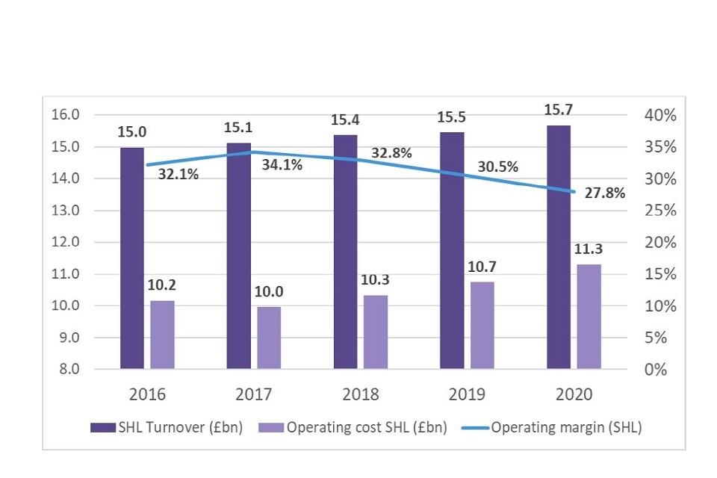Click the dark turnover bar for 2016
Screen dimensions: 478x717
click(132, 258)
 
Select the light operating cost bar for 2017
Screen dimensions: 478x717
click(269, 338)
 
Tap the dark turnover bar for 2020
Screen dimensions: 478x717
click(558, 247)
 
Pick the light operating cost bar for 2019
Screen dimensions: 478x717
click(482, 325)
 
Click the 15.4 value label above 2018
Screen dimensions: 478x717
click(345, 119)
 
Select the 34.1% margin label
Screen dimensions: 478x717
click(282, 165)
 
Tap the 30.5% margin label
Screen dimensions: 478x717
click(498, 167)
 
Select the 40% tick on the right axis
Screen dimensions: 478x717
click(661, 115)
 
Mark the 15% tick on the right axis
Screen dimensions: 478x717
click(661, 274)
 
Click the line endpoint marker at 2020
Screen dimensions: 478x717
click(574, 192)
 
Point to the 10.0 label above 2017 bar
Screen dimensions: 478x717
click(269, 292)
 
